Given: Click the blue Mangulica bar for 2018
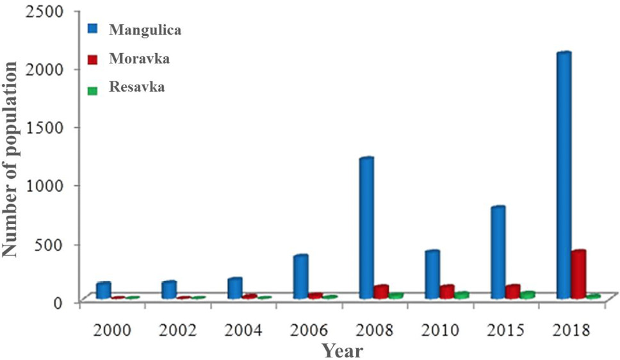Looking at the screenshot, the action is pyautogui.click(x=564, y=176).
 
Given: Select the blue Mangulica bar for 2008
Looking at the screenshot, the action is pyautogui.click(x=366, y=228).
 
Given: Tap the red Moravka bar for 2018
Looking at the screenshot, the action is pyautogui.click(x=578, y=274).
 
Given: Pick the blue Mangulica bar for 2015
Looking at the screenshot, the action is pyautogui.click(x=498, y=252).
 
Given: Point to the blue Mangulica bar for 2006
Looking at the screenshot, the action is pyautogui.click(x=301, y=277).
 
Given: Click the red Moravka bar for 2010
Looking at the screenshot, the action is pyautogui.click(x=447, y=291).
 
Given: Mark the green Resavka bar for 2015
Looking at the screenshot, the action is pyautogui.click(x=527, y=295).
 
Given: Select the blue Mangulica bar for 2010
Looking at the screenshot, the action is pyautogui.click(x=432, y=275).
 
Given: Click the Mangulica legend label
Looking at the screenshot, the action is pyautogui.click(x=145, y=30).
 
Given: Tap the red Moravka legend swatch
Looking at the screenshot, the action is pyautogui.click(x=92, y=60).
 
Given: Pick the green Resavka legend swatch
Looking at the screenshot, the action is pyautogui.click(x=92, y=90).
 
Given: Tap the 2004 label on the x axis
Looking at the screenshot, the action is pyautogui.click(x=243, y=329).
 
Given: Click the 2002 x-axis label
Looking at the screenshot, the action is pyautogui.click(x=177, y=329).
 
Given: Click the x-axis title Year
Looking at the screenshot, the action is pyautogui.click(x=342, y=350).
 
